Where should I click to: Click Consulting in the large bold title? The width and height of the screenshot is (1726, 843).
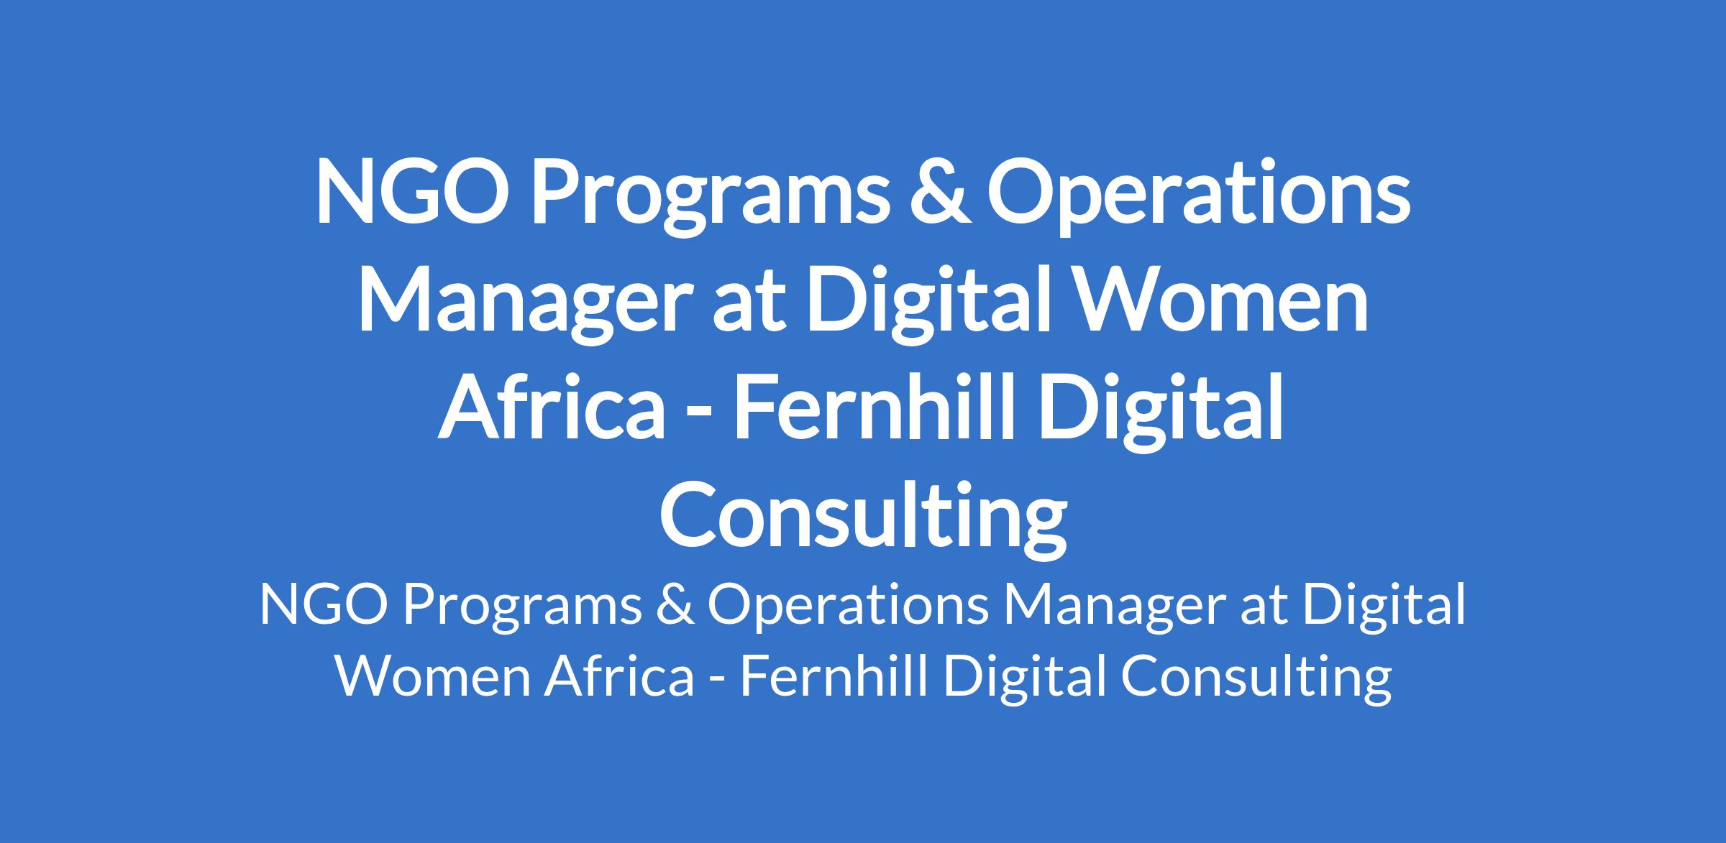click(x=863, y=521)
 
